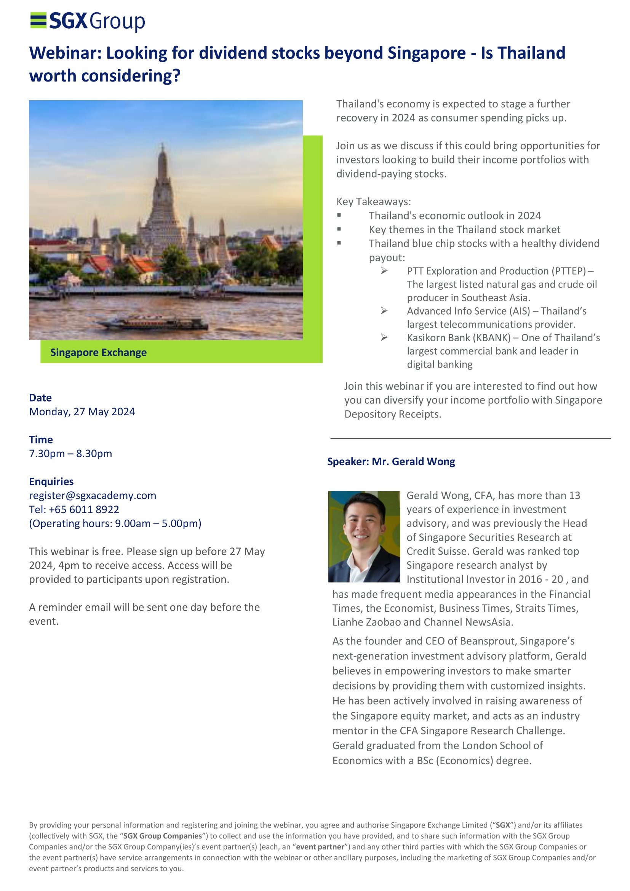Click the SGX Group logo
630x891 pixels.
click(x=88, y=21)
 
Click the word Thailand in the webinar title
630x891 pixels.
click(x=531, y=53)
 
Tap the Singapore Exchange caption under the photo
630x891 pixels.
click(x=99, y=352)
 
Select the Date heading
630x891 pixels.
click(x=40, y=398)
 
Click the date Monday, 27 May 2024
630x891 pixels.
click(x=82, y=412)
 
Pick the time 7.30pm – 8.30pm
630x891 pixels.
click(x=70, y=454)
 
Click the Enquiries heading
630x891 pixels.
click(x=51, y=481)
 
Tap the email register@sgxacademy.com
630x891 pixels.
click(x=93, y=496)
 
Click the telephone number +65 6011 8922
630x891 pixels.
click(x=84, y=510)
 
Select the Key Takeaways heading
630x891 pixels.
click(x=373, y=202)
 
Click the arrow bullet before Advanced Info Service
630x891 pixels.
click(x=384, y=311)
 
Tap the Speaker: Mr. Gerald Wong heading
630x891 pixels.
click(x=391, y=462)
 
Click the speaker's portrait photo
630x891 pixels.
click(x=364, y=537)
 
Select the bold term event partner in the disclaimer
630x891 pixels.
click(x=320, y=847)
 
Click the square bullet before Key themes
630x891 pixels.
click(x=339, y=229)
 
